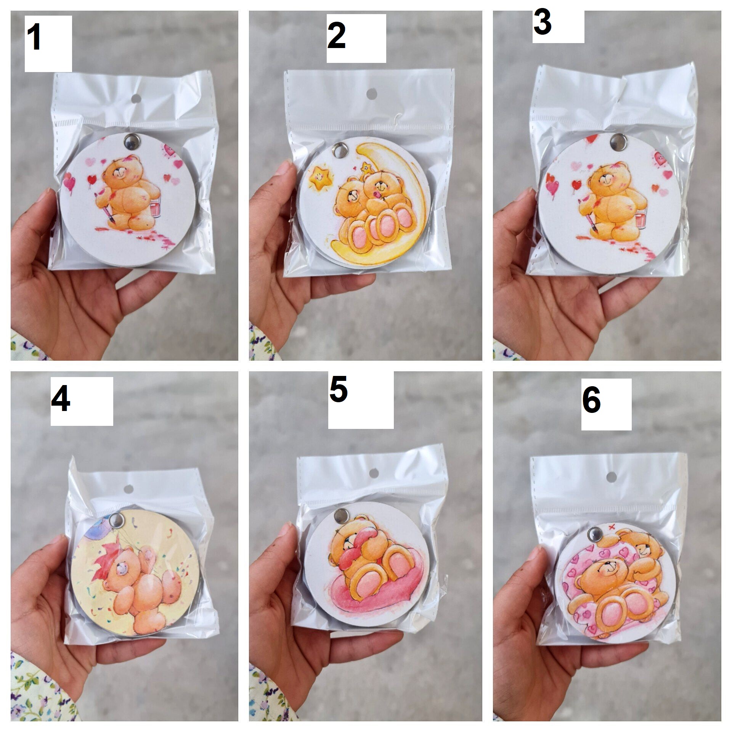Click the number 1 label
point(34,38)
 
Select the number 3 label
point(542,22)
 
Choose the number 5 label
point(339,389)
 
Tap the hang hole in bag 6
point(611,477)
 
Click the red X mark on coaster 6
point(612,527)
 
